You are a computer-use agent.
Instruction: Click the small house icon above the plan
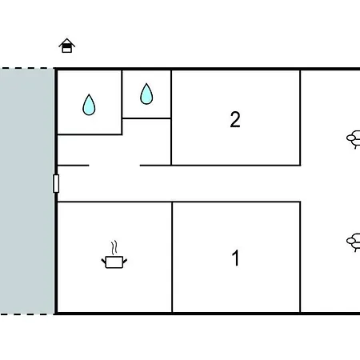click(66, 46)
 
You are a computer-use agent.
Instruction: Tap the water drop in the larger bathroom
click(89, 105)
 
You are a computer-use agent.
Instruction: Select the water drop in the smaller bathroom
click(146, 94)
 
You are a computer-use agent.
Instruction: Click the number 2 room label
click(235, 119)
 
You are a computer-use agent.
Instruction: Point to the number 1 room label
click(235, 258)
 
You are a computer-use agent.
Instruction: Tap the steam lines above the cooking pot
click(114, 247)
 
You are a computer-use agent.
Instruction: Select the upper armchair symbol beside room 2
click(354, 139)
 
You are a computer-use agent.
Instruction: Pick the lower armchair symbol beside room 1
click(354, 242)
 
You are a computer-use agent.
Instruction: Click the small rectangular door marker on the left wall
click(56, 183)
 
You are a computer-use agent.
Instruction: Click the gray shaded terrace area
click(27, 191)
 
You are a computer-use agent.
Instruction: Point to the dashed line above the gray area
click(27, 68)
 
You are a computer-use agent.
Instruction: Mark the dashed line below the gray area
click(27, 314)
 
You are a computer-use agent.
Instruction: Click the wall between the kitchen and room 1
click(172, 257)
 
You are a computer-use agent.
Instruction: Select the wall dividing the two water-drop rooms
click(122, 102)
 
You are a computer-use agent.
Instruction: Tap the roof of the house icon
click(67, 42)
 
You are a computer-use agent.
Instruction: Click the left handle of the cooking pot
click(104, 261)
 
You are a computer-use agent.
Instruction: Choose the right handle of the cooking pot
click(125, 261)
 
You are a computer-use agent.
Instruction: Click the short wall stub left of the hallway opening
click(73, 166)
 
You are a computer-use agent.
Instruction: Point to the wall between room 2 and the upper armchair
click(300, 118)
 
